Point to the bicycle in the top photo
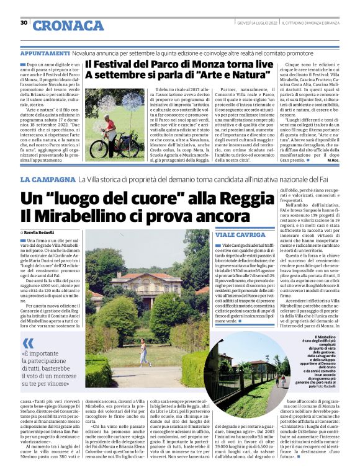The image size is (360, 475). pyautogui.click(x=107, y=148)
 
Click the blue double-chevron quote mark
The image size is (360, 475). pyautogui.click(x=28, y=344)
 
